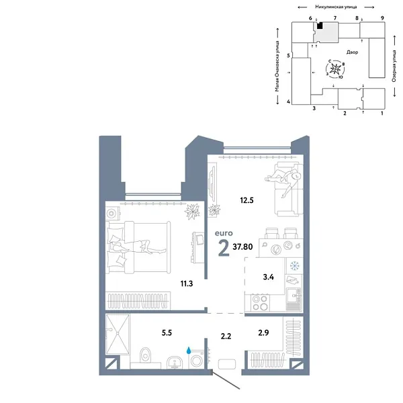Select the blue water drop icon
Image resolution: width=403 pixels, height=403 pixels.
tap(189, 350)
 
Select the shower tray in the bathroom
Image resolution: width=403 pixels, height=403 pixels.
tap(120, 335)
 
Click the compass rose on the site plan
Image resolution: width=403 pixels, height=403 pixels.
tap(338, 69)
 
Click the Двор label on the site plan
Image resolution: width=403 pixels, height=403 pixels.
tap(353, 52)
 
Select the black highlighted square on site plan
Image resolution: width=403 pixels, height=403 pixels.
tap(320, 26)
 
